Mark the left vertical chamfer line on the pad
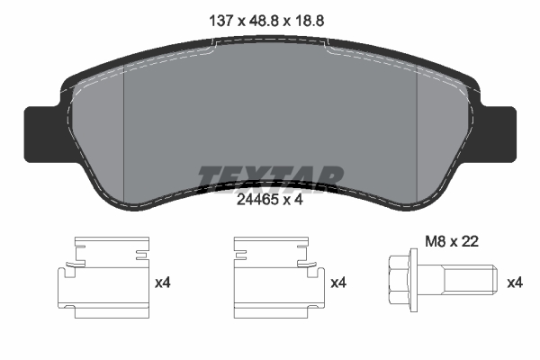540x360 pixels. [x=121, y=126]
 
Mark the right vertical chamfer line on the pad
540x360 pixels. [x=416, y=126]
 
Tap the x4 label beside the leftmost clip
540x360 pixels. [x=163, y=283]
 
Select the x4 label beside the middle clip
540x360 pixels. [x=339, y=283]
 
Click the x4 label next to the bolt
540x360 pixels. [x=515, y=283]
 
